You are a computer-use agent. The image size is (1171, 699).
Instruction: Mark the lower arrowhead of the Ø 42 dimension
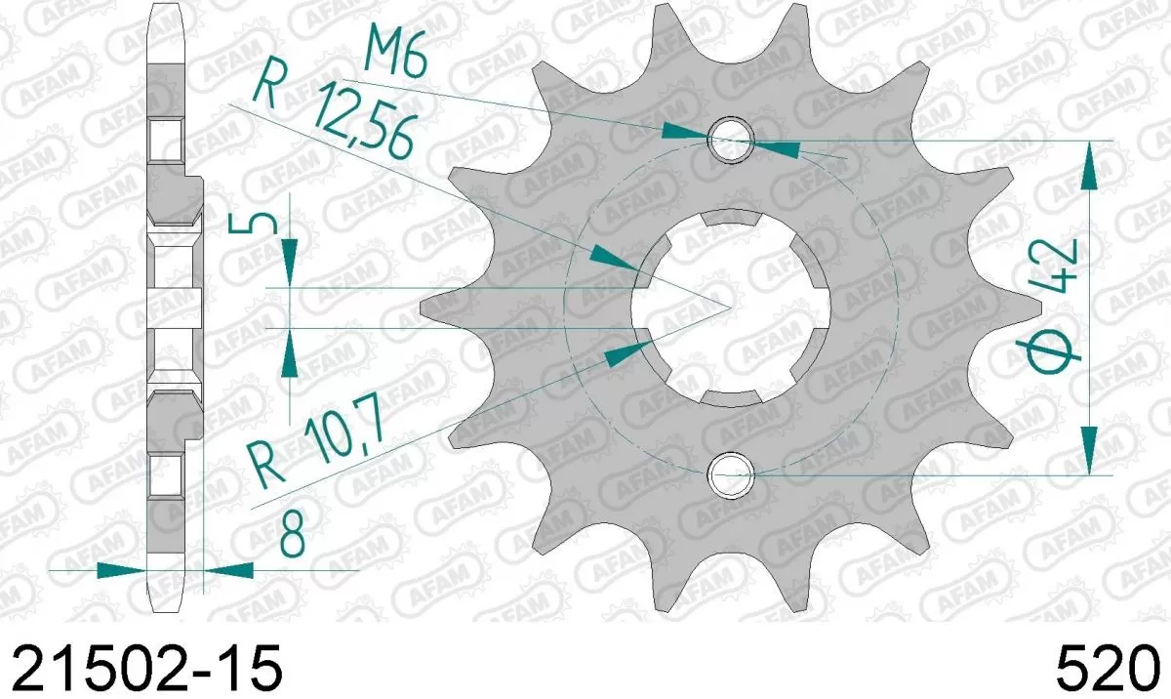point(1090,449)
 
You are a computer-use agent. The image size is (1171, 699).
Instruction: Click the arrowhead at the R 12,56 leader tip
point(614,260)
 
